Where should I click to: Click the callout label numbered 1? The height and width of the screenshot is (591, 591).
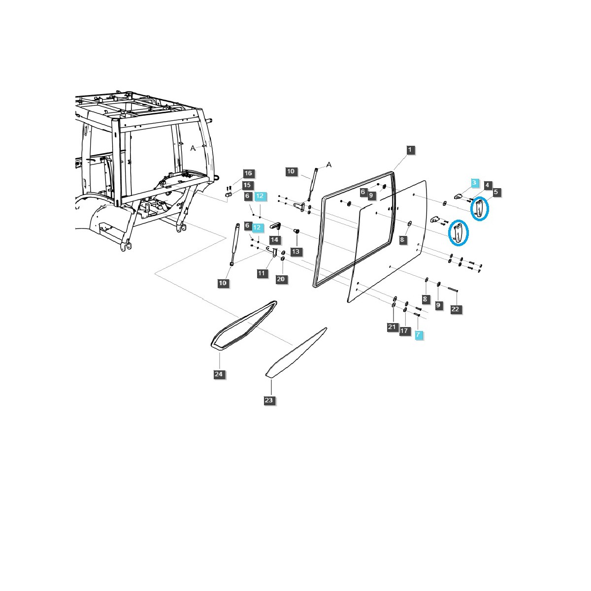pos(410,149)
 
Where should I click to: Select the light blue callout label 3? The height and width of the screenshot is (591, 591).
pos(474,183)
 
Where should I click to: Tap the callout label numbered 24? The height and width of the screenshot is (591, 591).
pos(219,374)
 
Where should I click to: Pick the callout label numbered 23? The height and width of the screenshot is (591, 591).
pos(268,400)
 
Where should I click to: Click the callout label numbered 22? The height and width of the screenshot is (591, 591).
pos(455,309)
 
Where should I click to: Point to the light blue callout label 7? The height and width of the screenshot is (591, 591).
pos(418,334)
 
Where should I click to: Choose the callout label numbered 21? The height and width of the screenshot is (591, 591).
pos(392,327)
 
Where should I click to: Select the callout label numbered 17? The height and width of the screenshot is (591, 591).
pos(404,330)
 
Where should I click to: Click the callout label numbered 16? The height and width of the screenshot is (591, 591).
pos(248,173)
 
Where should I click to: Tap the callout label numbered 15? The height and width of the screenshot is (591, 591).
pos(247,185)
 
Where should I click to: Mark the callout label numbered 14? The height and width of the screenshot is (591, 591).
pos(274,240)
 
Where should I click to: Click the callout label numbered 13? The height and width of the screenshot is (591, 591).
pos(295,251)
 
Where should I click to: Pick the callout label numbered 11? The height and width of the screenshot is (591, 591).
pos(262,273)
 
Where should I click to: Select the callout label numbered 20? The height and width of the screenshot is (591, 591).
pos(281,279)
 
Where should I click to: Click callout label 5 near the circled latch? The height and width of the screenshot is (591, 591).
pos(495,192)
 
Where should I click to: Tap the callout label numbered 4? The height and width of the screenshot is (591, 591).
pos(487,185)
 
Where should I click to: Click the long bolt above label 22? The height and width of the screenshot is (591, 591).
pos(453,289)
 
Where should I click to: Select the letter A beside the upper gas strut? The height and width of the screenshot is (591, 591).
pos(329,164)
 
